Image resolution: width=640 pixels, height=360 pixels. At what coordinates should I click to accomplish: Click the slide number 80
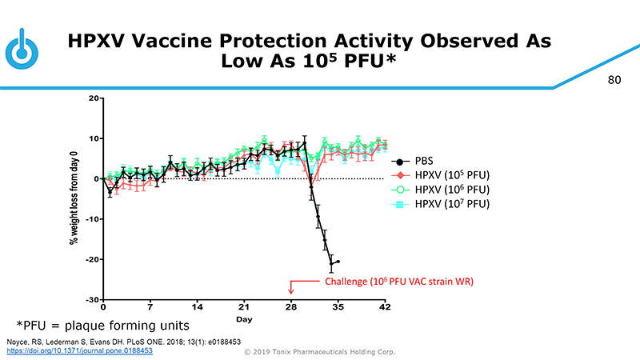(614, 80)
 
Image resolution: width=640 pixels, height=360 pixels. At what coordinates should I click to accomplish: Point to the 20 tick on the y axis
(94, 98)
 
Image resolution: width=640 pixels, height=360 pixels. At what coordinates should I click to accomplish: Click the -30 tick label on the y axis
(91, 299)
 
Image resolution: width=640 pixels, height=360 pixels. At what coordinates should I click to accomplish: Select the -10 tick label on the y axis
(91, 219)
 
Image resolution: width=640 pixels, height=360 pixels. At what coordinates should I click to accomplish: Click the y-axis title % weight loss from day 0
(77, 198)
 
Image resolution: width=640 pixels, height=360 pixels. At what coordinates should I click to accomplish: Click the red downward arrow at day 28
(291, 290)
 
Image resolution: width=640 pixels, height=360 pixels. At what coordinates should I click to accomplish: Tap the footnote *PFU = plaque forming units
(104, 325)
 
